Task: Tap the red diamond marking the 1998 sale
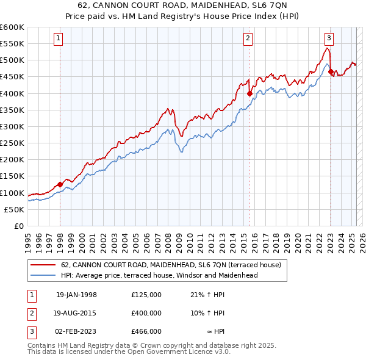(60, 184)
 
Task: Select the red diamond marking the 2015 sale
(249, 93)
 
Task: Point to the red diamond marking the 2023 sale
(331, 71)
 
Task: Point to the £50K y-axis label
(15, 209)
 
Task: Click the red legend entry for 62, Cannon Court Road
(171, 265)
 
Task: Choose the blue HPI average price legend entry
(159, 275)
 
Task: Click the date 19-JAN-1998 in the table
(76, 295)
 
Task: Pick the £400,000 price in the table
(146, 313)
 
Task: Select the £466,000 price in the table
(146, 331)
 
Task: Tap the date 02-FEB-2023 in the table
(76, 331)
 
